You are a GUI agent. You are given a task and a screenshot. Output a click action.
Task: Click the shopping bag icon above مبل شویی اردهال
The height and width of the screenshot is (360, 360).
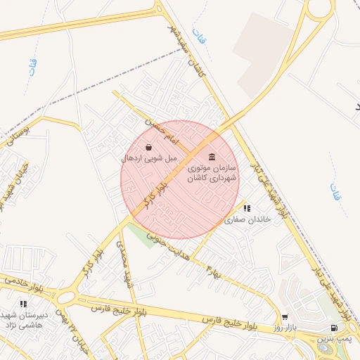(149, 147)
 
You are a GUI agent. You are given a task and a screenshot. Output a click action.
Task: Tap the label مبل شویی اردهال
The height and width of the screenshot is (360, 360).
(149, 159)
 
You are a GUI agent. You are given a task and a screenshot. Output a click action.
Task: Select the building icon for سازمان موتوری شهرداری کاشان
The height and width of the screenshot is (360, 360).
(212, 156)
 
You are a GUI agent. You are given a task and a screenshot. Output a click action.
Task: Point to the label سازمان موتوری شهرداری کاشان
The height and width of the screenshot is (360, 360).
(212, 174)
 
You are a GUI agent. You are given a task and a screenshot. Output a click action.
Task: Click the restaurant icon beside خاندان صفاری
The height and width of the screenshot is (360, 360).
(246, 209)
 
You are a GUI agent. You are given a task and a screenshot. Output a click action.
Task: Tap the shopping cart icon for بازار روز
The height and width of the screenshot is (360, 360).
(285, 317)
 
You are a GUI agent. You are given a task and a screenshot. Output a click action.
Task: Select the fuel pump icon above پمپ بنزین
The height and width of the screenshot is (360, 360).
(333, 328)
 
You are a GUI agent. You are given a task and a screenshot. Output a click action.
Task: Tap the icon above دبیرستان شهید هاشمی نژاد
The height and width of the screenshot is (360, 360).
(23, 304)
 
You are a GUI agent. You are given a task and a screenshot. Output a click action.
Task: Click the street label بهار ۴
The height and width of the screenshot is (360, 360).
(212, 267)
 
